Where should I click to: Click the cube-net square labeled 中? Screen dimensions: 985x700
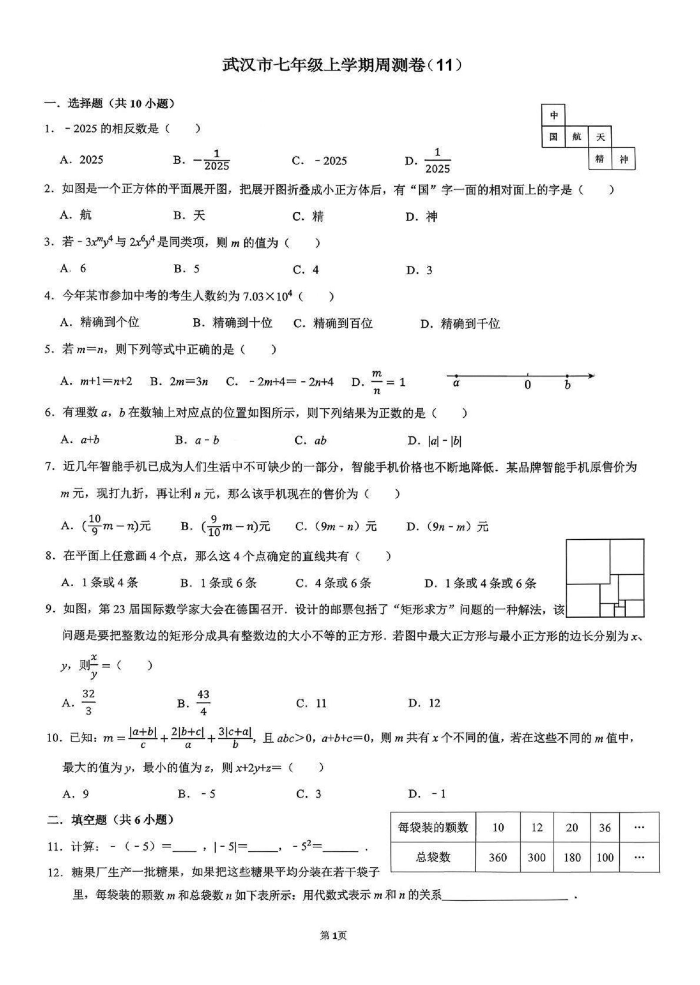[553, 116]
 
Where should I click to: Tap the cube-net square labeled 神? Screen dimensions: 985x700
[623, 159]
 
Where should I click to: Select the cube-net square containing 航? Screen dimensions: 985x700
[576, 137]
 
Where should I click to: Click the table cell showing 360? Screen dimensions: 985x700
[497, 857]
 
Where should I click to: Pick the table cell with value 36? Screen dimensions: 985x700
[604, 827]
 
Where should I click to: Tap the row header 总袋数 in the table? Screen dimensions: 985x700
[433, 857]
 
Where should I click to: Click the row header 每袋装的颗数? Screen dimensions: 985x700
[433, 827]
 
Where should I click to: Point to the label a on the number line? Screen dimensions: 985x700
[456, 383]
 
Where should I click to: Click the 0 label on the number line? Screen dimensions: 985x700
[527, 385]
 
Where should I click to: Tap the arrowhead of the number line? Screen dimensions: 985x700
[591, 376]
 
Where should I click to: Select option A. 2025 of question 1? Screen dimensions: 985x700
[82, 160]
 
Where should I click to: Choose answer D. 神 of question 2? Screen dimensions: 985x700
[422, 217]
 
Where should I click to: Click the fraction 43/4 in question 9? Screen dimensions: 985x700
[203, 703]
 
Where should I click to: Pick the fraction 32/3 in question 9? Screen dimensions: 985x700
[88, 703]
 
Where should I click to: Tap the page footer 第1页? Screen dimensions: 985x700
[333, 935]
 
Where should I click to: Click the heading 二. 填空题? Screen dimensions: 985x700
[110, 820]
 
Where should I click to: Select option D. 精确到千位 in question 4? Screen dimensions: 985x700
[460, 324]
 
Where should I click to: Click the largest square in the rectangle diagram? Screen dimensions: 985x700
[588, 561]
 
